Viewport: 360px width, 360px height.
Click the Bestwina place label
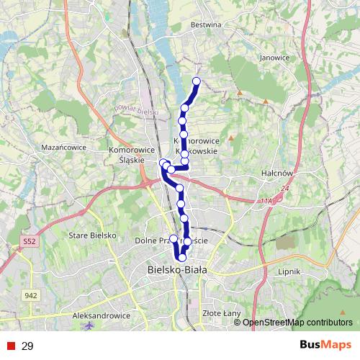tap(205, 24)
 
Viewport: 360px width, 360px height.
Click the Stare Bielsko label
tap(88, 235)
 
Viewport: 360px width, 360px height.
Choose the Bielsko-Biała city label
tap(176, 270)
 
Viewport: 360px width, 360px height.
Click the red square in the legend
tap(11, 346)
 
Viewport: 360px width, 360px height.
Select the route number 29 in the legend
tap(27, 346)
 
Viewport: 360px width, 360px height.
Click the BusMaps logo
tap(325, 346)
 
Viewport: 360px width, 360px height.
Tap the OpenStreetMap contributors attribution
tap(297, 322)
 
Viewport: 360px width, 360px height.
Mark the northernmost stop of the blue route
tap(196, 81)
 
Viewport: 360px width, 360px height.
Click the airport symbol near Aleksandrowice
tap(89, 327)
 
